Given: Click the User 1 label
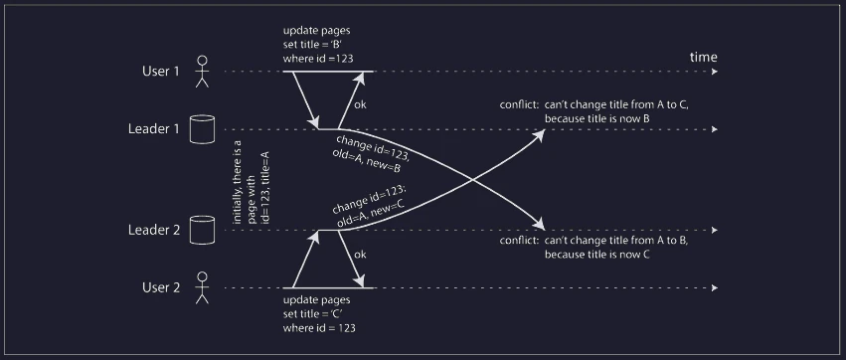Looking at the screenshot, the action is [160, 72].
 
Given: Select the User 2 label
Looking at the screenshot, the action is [161, 287].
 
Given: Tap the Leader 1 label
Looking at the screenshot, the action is [153, 129].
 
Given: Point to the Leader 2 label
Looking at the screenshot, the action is [154, 230].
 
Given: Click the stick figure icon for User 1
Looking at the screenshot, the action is [202, 72].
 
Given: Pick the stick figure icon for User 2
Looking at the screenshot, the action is [202, 287].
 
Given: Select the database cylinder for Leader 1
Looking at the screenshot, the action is [203, 129].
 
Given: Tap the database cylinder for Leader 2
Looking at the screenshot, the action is [203, 230].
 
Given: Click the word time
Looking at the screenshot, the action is [704, 58].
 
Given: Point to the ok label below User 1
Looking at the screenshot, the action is [360, 104].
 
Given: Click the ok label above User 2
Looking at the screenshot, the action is [360, 255].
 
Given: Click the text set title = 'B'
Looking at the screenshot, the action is [313, 45].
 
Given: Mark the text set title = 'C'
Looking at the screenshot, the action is [313, 314].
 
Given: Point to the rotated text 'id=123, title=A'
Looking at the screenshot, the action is [264, 187].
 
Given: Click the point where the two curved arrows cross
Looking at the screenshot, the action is [472, 180].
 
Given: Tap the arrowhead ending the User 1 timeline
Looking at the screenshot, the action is [715, 72].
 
